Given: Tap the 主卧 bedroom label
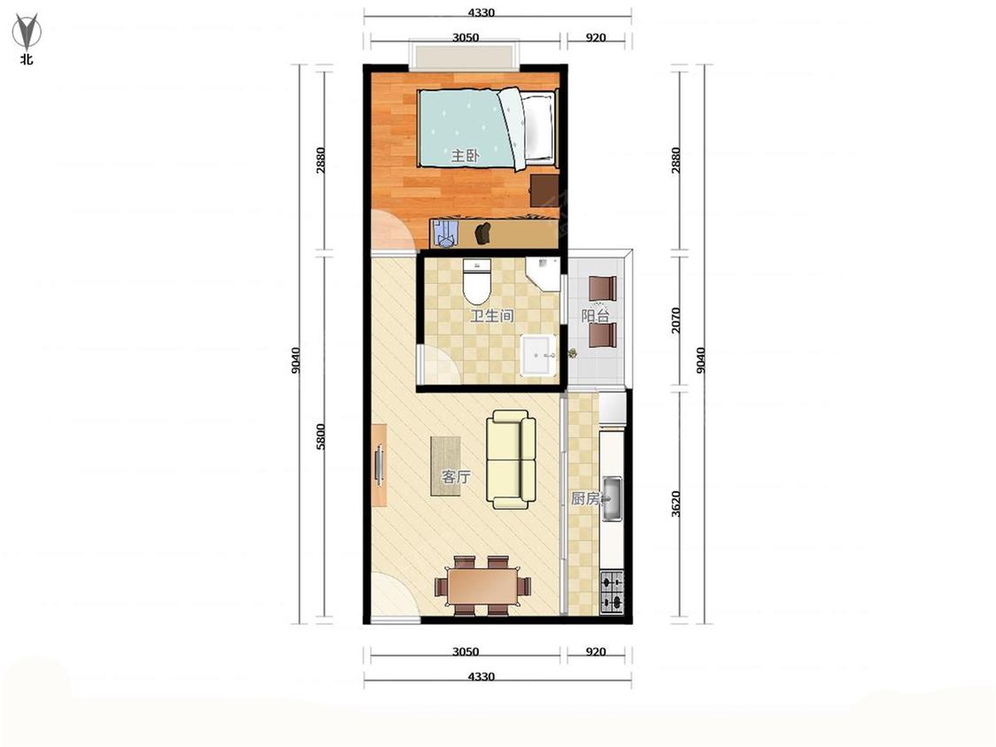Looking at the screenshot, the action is pyautogui.click(x=465, y=156).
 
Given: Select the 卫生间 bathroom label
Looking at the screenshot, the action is pyautogui.click(x=491, y=316).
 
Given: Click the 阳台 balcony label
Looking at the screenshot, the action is pyautogui.click(x=596, y=316).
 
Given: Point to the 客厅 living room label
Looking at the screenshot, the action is pyautogui.click(x=455, y=476).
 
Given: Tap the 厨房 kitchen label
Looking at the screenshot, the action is pyautogui.click(x=585, y=498).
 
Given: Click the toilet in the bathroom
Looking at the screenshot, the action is pyautogui.click(x=477, y=281).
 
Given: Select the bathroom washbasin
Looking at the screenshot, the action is pyautogui.click(x=538, y=356).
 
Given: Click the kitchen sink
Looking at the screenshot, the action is pyautogui.click(x=612, y=498).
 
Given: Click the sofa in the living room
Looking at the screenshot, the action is pyautogui.click(x=511, y=459).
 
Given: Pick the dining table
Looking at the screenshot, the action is pyautogui.click(x=483, y=586).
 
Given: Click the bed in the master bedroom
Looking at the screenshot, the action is pyautogui.click(x=487, y=129).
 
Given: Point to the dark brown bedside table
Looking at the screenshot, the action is pyautogui.click(x=544, y=190).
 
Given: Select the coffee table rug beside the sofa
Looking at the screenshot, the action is pyautogui.click(x=445, y=466).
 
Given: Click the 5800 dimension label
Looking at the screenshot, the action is pyautogui.click(x=320, y=437).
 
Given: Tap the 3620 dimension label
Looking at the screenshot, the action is pyautogui.click(x=676, y=504).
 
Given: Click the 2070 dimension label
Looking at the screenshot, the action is pyautogui.click(x=676, y=320).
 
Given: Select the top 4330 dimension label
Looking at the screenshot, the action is pyautogui.click(x=481, y=12).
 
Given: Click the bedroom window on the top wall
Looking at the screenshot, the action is pyautogui.click(x=464, y=56).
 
